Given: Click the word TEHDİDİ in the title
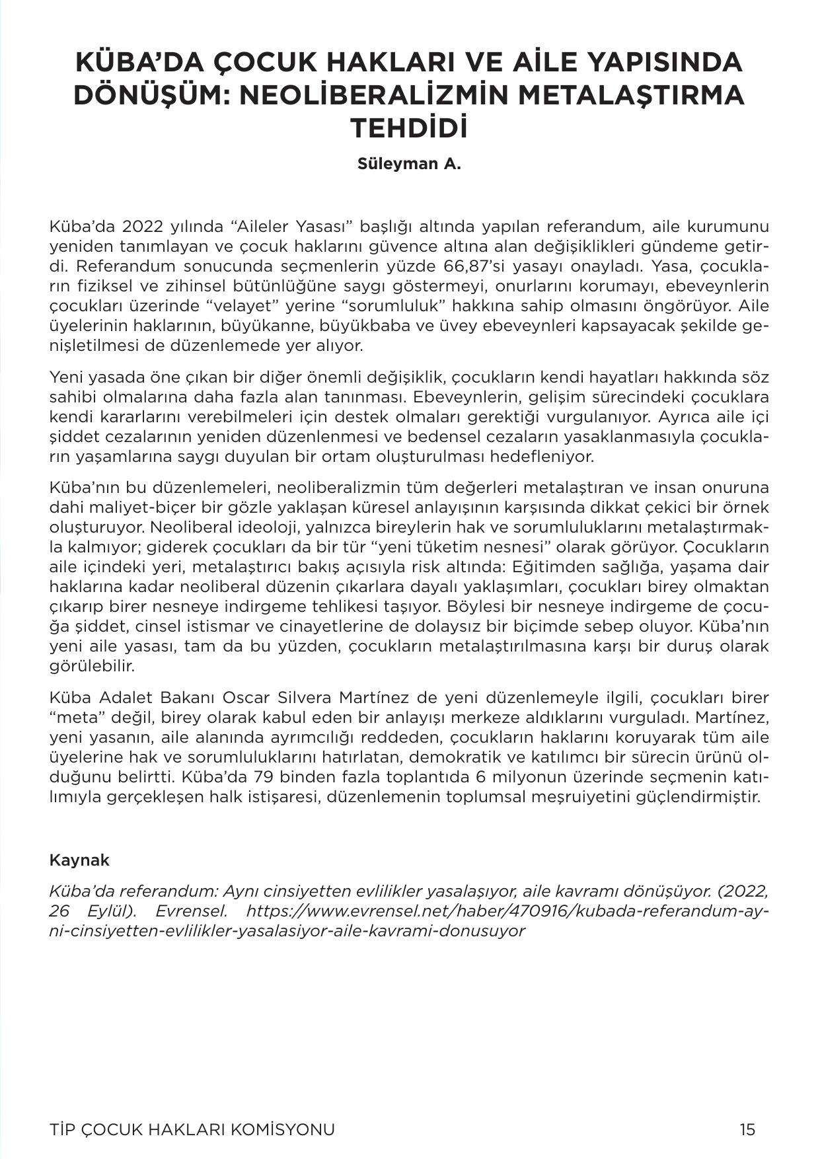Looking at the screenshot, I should point(409,128).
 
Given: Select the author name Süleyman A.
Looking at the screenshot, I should point(409,164).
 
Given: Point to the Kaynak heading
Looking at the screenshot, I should point(79,860).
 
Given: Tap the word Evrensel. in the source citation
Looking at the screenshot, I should point(192,911).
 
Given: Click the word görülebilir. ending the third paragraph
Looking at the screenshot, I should point(92,666).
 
